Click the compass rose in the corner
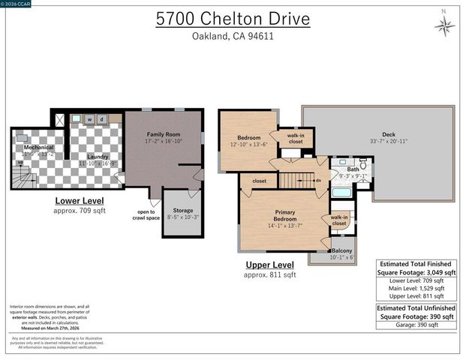pos(444,25)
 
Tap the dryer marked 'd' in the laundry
pos(101,118)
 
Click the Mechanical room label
pos(37,148)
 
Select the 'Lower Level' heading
pos(80,201)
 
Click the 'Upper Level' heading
pos(269,265)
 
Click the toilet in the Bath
pos(362,165)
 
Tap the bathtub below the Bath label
pos(341,192)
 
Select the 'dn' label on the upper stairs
pos(318,180)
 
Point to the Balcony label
pos(341,251)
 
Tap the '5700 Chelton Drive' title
pos(232,19)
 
